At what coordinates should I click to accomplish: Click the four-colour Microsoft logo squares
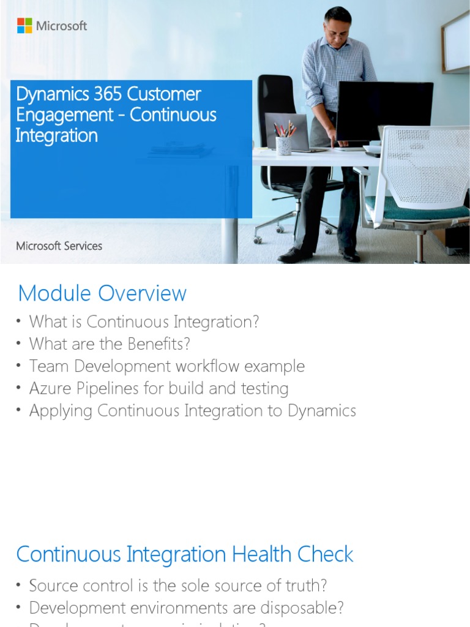[24, 26]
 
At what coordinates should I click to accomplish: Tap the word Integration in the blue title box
[56, 135]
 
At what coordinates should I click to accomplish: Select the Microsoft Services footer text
[59, 246]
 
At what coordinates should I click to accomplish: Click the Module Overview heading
[102, 293]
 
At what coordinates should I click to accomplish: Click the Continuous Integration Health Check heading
[185, 554]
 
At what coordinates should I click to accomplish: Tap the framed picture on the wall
[456, 43]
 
